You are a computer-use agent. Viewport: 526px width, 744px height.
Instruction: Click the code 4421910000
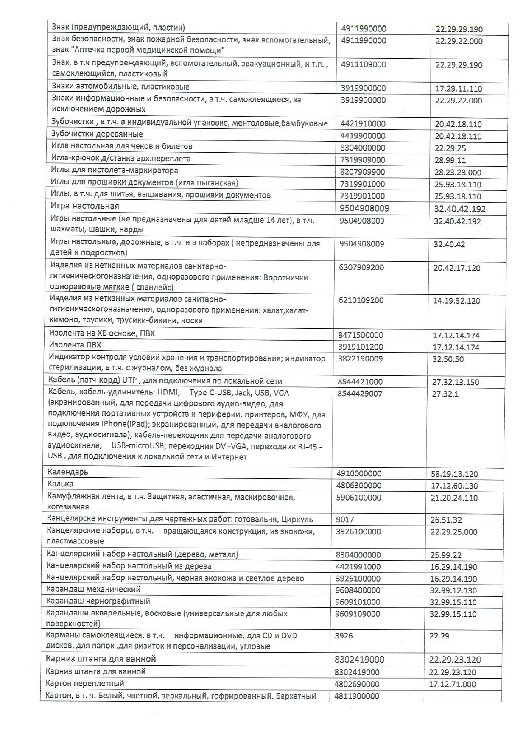(x=363, y=124)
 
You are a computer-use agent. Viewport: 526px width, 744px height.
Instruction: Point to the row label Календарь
(x=68, y=472)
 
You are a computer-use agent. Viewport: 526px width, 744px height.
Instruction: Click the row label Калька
(x=60, y=484)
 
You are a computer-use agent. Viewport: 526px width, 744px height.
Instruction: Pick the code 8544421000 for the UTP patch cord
(x=360, y=381)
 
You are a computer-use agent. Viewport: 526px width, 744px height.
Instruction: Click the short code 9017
(x=345, y=520)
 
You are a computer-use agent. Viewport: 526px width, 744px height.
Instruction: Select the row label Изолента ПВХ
(x=75, y=345)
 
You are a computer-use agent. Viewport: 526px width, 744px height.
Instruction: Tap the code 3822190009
(x=360, y=359)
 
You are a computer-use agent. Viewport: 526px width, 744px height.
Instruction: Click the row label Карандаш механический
(x=93, y=590)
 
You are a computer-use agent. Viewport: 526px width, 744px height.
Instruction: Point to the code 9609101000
(x=357, y=602)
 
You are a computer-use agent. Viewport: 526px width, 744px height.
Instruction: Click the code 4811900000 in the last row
(x=357, y=696)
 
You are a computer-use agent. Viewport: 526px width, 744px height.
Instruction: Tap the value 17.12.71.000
(x=452, y=684)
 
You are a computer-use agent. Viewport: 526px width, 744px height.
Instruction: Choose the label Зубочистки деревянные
(x=97, y=134)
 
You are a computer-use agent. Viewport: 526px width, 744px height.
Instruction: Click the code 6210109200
(x=361, y=300)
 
